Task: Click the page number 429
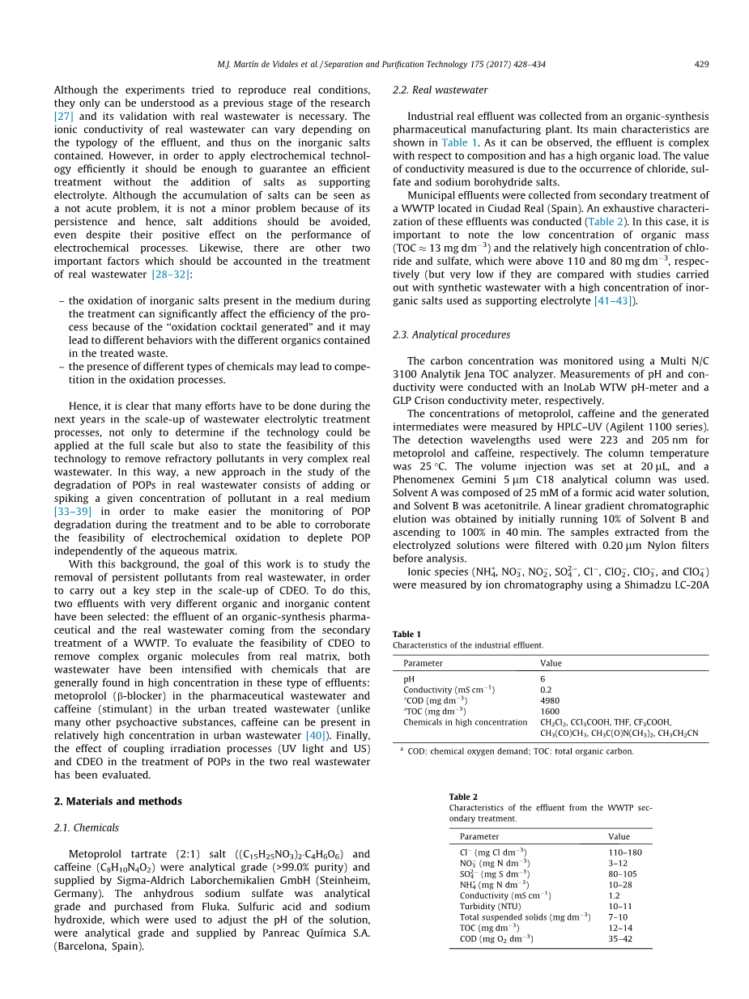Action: pyautogui.click(x=702, y=62)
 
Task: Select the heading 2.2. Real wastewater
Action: pyautogui.click(x=440, y=90)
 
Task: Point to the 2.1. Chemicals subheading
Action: pyautogui.click(x=86, y=827)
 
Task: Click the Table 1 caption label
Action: pyautogui.click(x=406, y=634)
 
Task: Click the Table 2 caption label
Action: pyautogui.click(x=463, y=797)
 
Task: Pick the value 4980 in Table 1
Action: pyautogui.click(x=550, y=700)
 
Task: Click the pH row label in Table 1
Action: pyautogui.click(x=409, y=678)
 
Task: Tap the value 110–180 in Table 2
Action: pyautogui.click(x=624, y=852)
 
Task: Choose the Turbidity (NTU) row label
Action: pyautogui.click(x=491, y=906)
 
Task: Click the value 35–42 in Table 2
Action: pyautogui.click(x=619, y=938)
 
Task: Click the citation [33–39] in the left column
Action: pyautogui.click(x=72, y=512)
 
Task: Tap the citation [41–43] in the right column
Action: pyautogui.click(x=615, y=301)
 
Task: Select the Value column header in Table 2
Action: pyautogui.click(x=619, y=836)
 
